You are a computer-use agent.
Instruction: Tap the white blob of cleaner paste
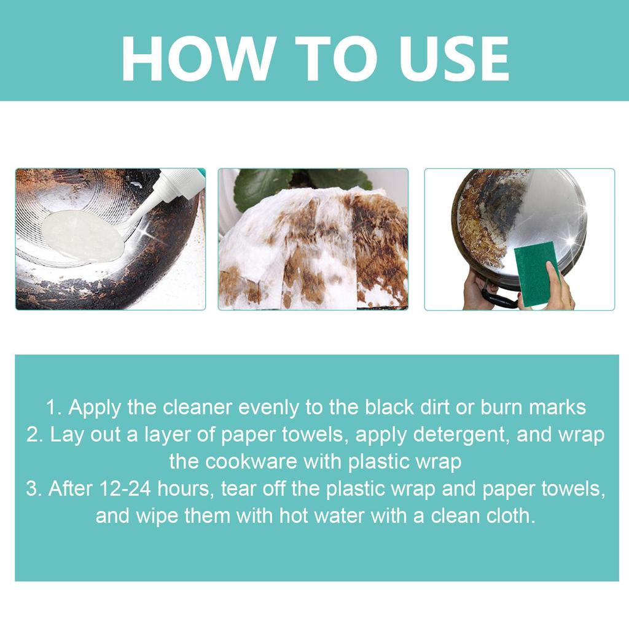coord(83,235)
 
